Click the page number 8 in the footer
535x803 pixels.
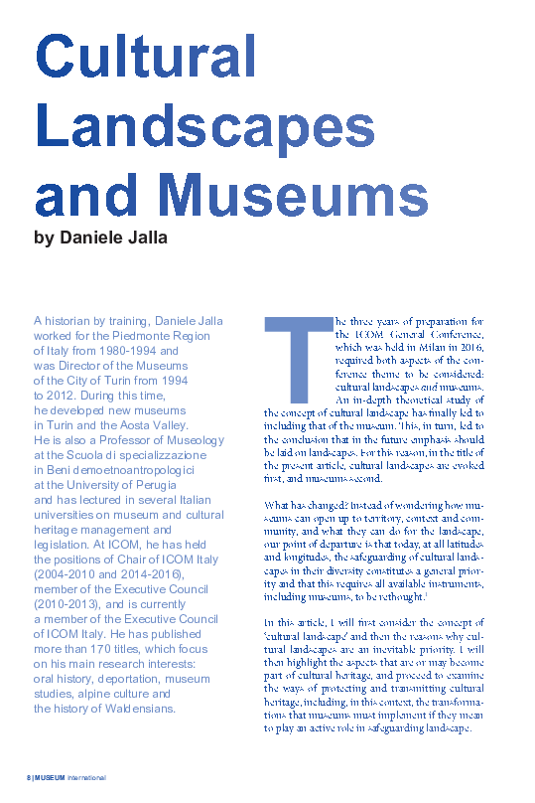click(x=28, y=776)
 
